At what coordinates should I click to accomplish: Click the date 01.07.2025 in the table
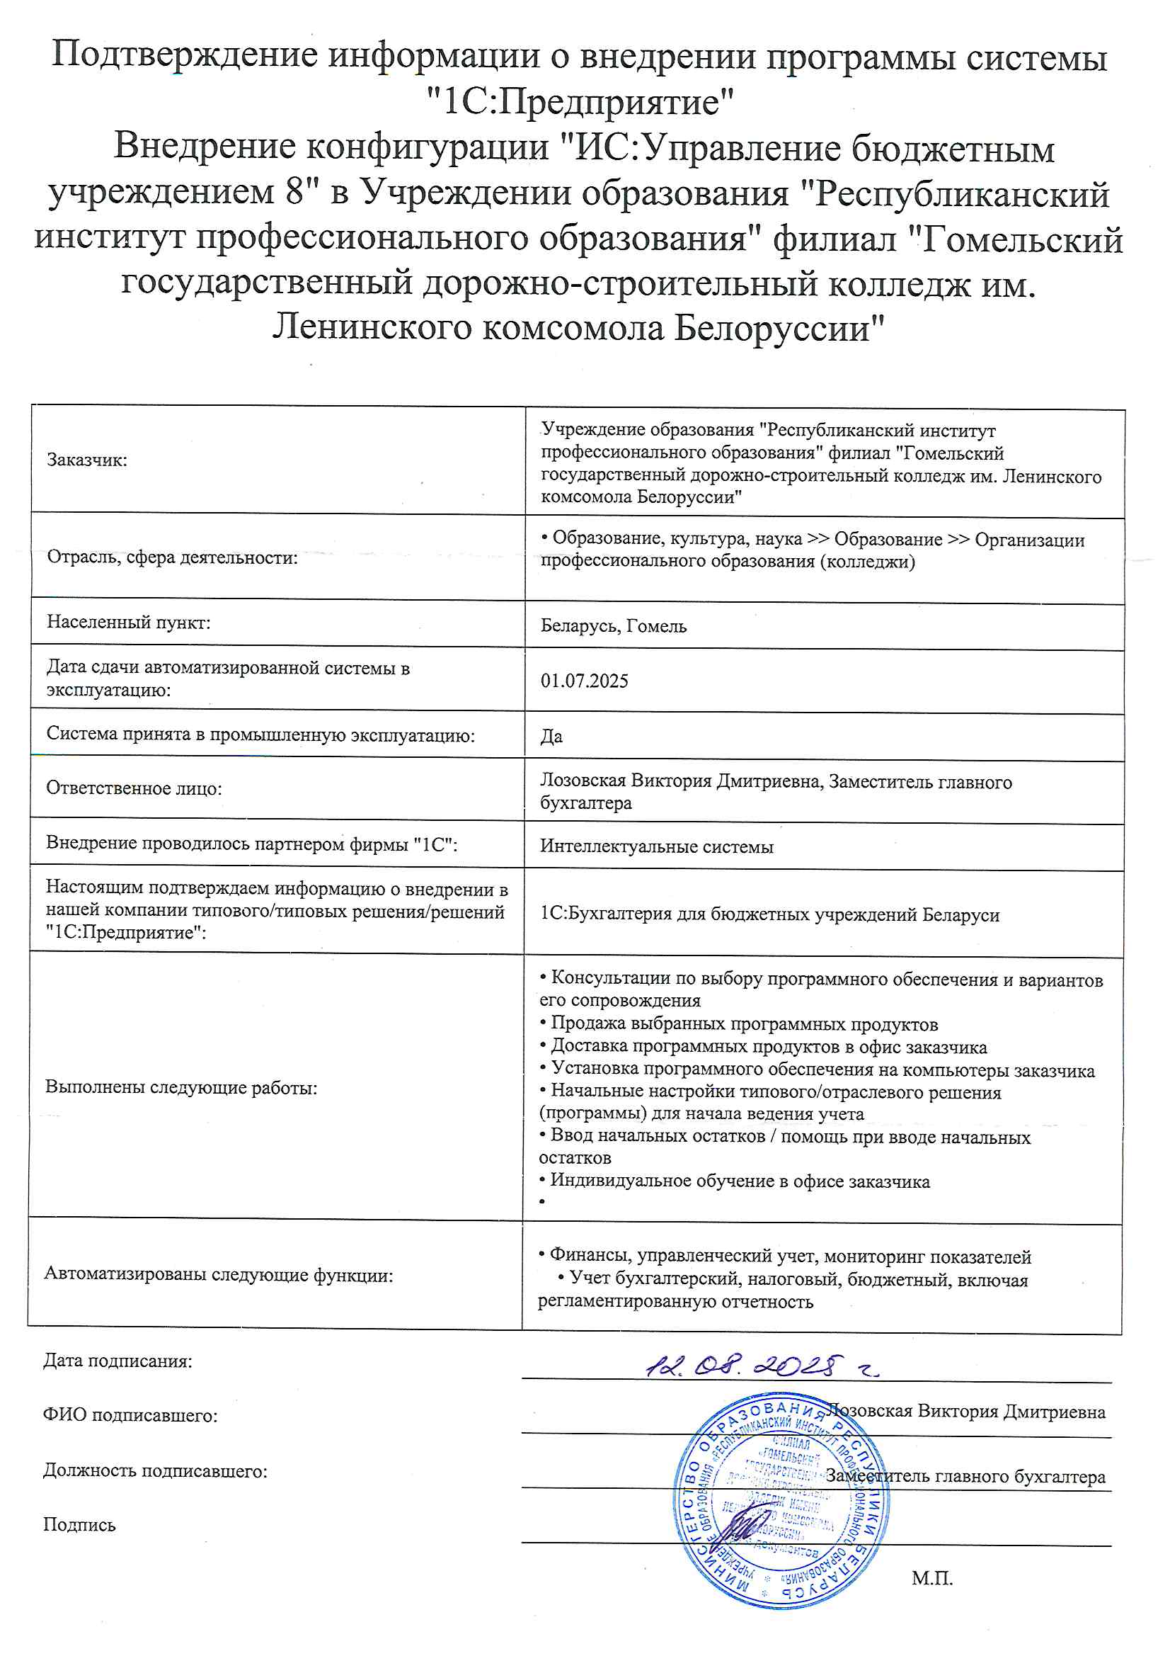(x=584, y=681)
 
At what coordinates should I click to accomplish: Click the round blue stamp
(x=780, y=1501)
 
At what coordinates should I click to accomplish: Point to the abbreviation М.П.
(x=931, y=1577)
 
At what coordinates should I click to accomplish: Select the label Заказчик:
(x=86, y=460)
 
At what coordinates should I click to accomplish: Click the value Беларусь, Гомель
(x=614, y=626)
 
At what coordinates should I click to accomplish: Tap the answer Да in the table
(x=551, y=737)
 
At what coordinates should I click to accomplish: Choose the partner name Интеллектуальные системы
(x=657, y=846)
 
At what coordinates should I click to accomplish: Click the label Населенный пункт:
(x=128, y=622)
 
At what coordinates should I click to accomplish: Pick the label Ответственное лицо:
(x=134, y=788)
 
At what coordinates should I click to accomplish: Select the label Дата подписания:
(x=117, y=1361)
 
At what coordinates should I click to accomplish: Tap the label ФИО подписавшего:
(x=130, y=1415)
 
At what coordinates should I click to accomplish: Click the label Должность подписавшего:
(x=155, y=1470)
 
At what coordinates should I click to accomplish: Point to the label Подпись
(x=79, y=1524)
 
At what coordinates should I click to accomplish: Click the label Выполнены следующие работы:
(x=181, y=1088)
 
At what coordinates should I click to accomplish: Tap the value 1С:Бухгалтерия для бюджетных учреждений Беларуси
(x=769, y=914)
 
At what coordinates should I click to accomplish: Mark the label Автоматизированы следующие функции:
(x=219, y=1274)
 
